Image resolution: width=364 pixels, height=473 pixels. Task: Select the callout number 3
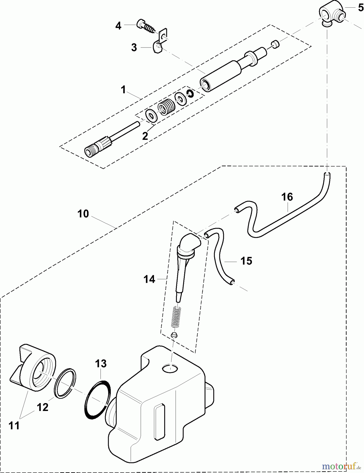[134, 48]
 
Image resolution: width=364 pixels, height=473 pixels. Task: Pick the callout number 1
[123, 90]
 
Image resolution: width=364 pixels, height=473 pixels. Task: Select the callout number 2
[145, 136]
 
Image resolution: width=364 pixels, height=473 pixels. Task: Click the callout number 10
[83, 214]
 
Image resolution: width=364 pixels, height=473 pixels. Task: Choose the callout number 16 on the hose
[287, 197]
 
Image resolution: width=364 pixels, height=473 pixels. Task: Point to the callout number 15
[246, 261]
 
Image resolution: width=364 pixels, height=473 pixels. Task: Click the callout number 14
[149, 279]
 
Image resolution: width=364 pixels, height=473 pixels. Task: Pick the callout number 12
[43, 407]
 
